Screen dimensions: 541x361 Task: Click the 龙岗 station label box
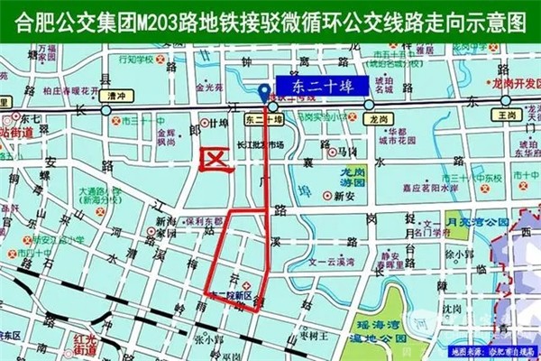point(377,118)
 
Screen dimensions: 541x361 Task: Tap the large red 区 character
point(216,158)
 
